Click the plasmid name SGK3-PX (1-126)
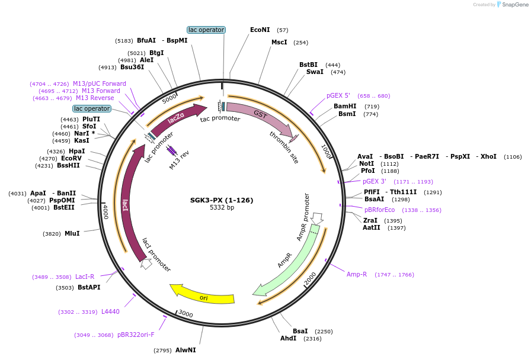pos(222,200)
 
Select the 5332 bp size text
pos(222,208)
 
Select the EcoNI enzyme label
pos(260,30)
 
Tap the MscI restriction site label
pos(279,43)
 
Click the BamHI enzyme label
pos(345,106)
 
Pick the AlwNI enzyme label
pos(185,351)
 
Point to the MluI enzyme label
pos(72,234)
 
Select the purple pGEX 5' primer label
pos(338,95)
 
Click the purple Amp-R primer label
pos(357,275)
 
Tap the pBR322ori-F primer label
pos(136,335)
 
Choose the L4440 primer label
pos(110,311)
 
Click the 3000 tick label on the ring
pos(185,313)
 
